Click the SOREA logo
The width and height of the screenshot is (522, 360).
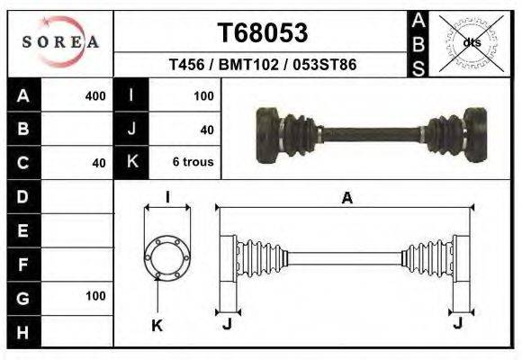[60, 42]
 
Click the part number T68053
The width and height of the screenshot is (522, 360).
[263, 33]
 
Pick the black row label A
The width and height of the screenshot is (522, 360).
[22, 95]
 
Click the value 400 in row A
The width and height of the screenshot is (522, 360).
[94, 95]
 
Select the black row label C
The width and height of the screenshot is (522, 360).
[22, 163]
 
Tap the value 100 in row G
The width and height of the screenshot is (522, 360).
[95, 296]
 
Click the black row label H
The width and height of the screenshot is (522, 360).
[22, 331]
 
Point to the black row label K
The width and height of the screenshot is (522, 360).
[131, 163]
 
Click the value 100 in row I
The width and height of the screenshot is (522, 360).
[203, 95]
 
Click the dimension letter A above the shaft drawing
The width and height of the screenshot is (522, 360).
[346, 200]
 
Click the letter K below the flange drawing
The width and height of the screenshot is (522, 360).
[157, 325]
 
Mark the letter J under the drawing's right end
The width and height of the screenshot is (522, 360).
[459, 323]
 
